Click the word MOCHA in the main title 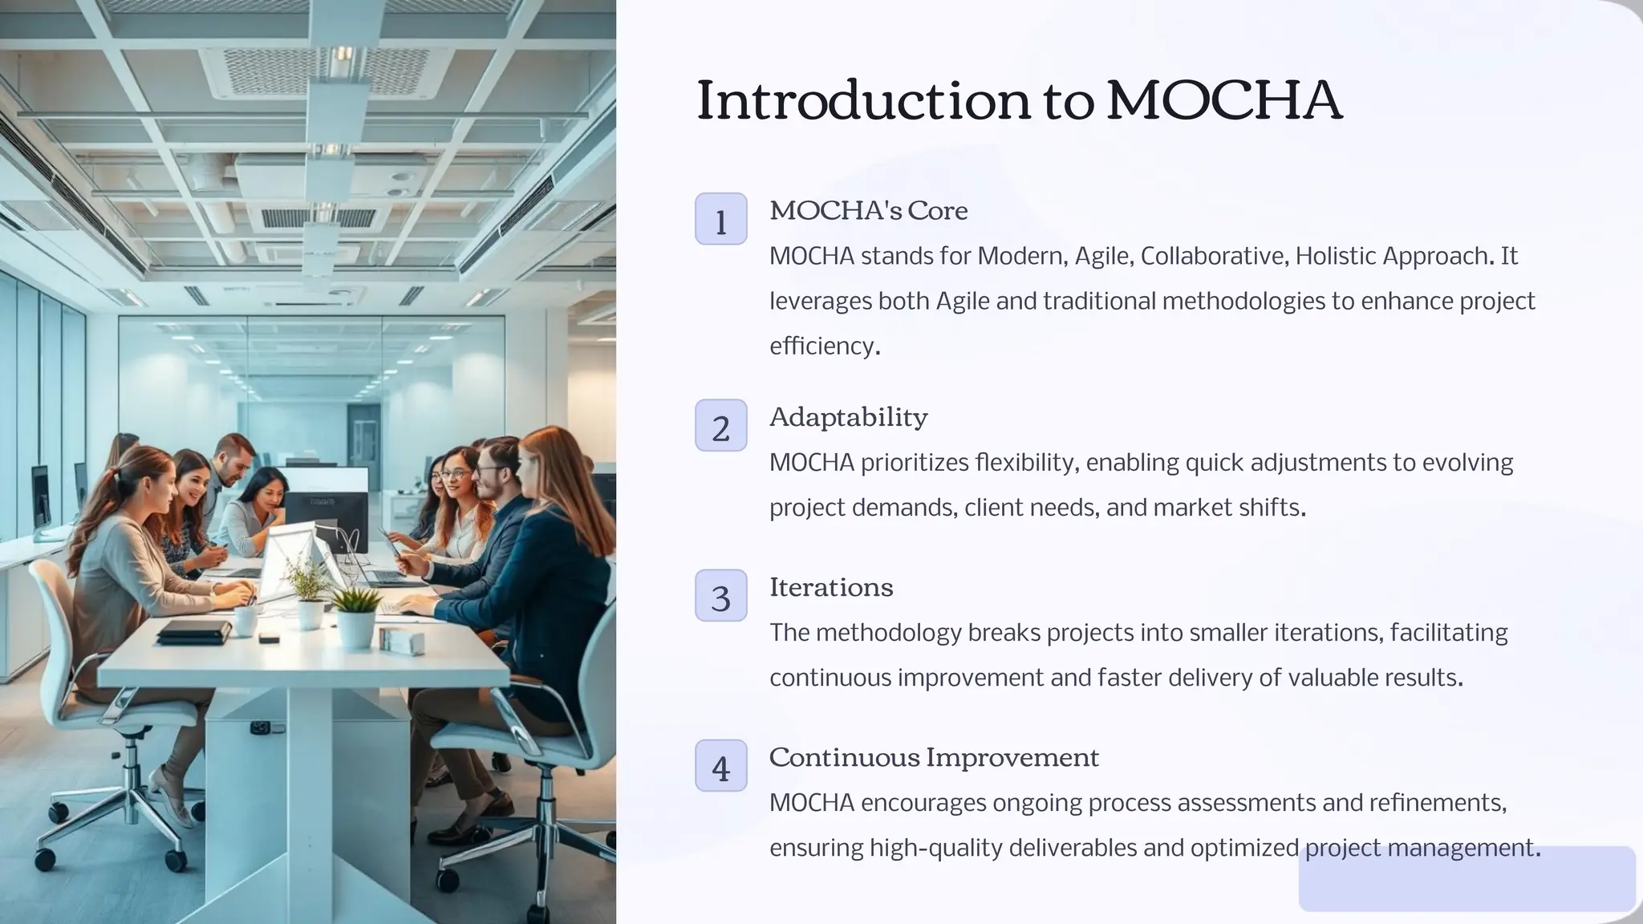1223,101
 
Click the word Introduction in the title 863,101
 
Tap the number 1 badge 720,219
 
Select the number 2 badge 720,426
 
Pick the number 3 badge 720,596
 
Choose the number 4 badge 720,766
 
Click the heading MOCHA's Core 868,211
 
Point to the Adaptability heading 848,417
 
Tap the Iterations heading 830,587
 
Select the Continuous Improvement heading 934,757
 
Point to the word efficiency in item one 821,346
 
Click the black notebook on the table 193,631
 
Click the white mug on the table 245,620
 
